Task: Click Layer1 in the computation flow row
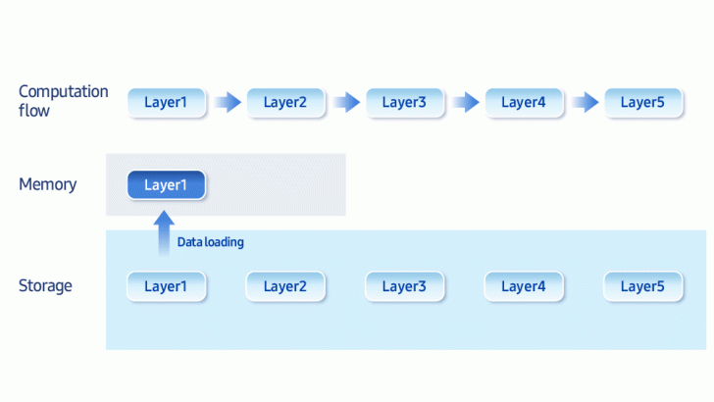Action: [x=167, y=102]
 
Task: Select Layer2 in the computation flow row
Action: [x=285, y=102]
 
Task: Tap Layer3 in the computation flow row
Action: [x=404, y=102]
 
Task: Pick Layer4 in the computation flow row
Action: [x=523, y=102]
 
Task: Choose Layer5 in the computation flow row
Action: [x=642, y=102]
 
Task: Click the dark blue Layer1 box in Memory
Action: [x=166, y=184]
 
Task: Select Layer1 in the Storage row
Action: [x=167, y=286]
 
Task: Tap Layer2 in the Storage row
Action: [x=285, y=286]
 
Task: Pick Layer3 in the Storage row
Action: [x=404, y=286]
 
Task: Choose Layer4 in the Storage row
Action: [x=523, y=286]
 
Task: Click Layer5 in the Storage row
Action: [x=642, y=286]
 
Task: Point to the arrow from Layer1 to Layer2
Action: [x=227, y=102]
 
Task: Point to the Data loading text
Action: [x=210, y=242]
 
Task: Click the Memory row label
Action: [x=47, y=184]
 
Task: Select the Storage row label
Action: [x=45, y=286]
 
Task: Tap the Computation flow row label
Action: [x=64, y=101]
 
